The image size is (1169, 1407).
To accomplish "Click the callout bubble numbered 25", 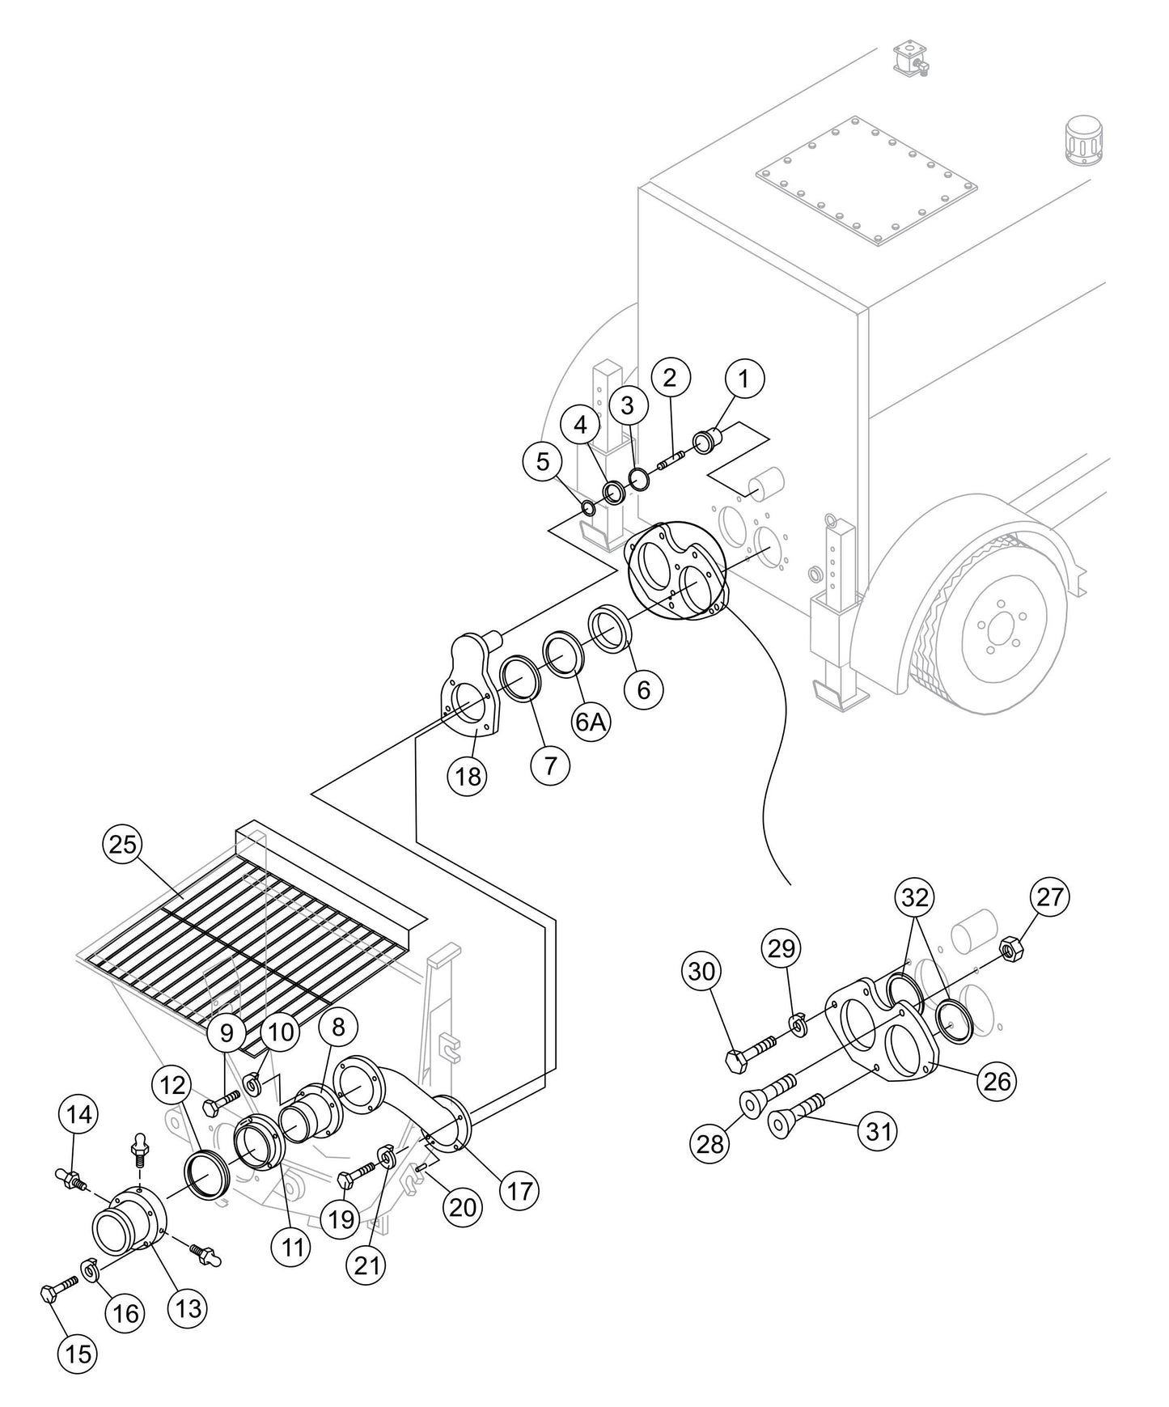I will click(122, 845).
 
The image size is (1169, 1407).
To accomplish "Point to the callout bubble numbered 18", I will click(468, 776).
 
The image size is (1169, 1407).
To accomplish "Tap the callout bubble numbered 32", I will click(915, 897).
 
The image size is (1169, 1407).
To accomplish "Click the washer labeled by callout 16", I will click(89, 1270).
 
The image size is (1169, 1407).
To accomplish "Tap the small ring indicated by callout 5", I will click(588, 509).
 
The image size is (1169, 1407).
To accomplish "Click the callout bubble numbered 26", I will click(997, 1080).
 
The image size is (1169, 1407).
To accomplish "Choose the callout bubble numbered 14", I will click(78, 1115).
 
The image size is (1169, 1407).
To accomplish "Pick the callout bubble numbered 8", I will click(338, 1027).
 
